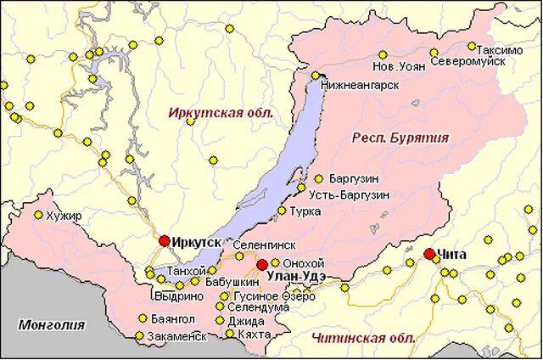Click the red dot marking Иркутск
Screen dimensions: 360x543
point(165,241)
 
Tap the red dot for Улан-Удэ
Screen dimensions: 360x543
point(262,264)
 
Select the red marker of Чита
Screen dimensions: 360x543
point(429,254)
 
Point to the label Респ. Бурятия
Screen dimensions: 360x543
point(400,138)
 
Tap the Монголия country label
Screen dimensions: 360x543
point(52,324)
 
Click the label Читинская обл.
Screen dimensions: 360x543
point(363,338)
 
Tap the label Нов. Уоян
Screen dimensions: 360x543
point(399,65)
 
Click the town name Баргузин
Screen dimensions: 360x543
point(355,179)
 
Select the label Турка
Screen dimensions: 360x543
point(304,210)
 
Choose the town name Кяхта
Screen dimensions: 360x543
point(255,335)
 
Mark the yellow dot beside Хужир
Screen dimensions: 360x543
point(38,215)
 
